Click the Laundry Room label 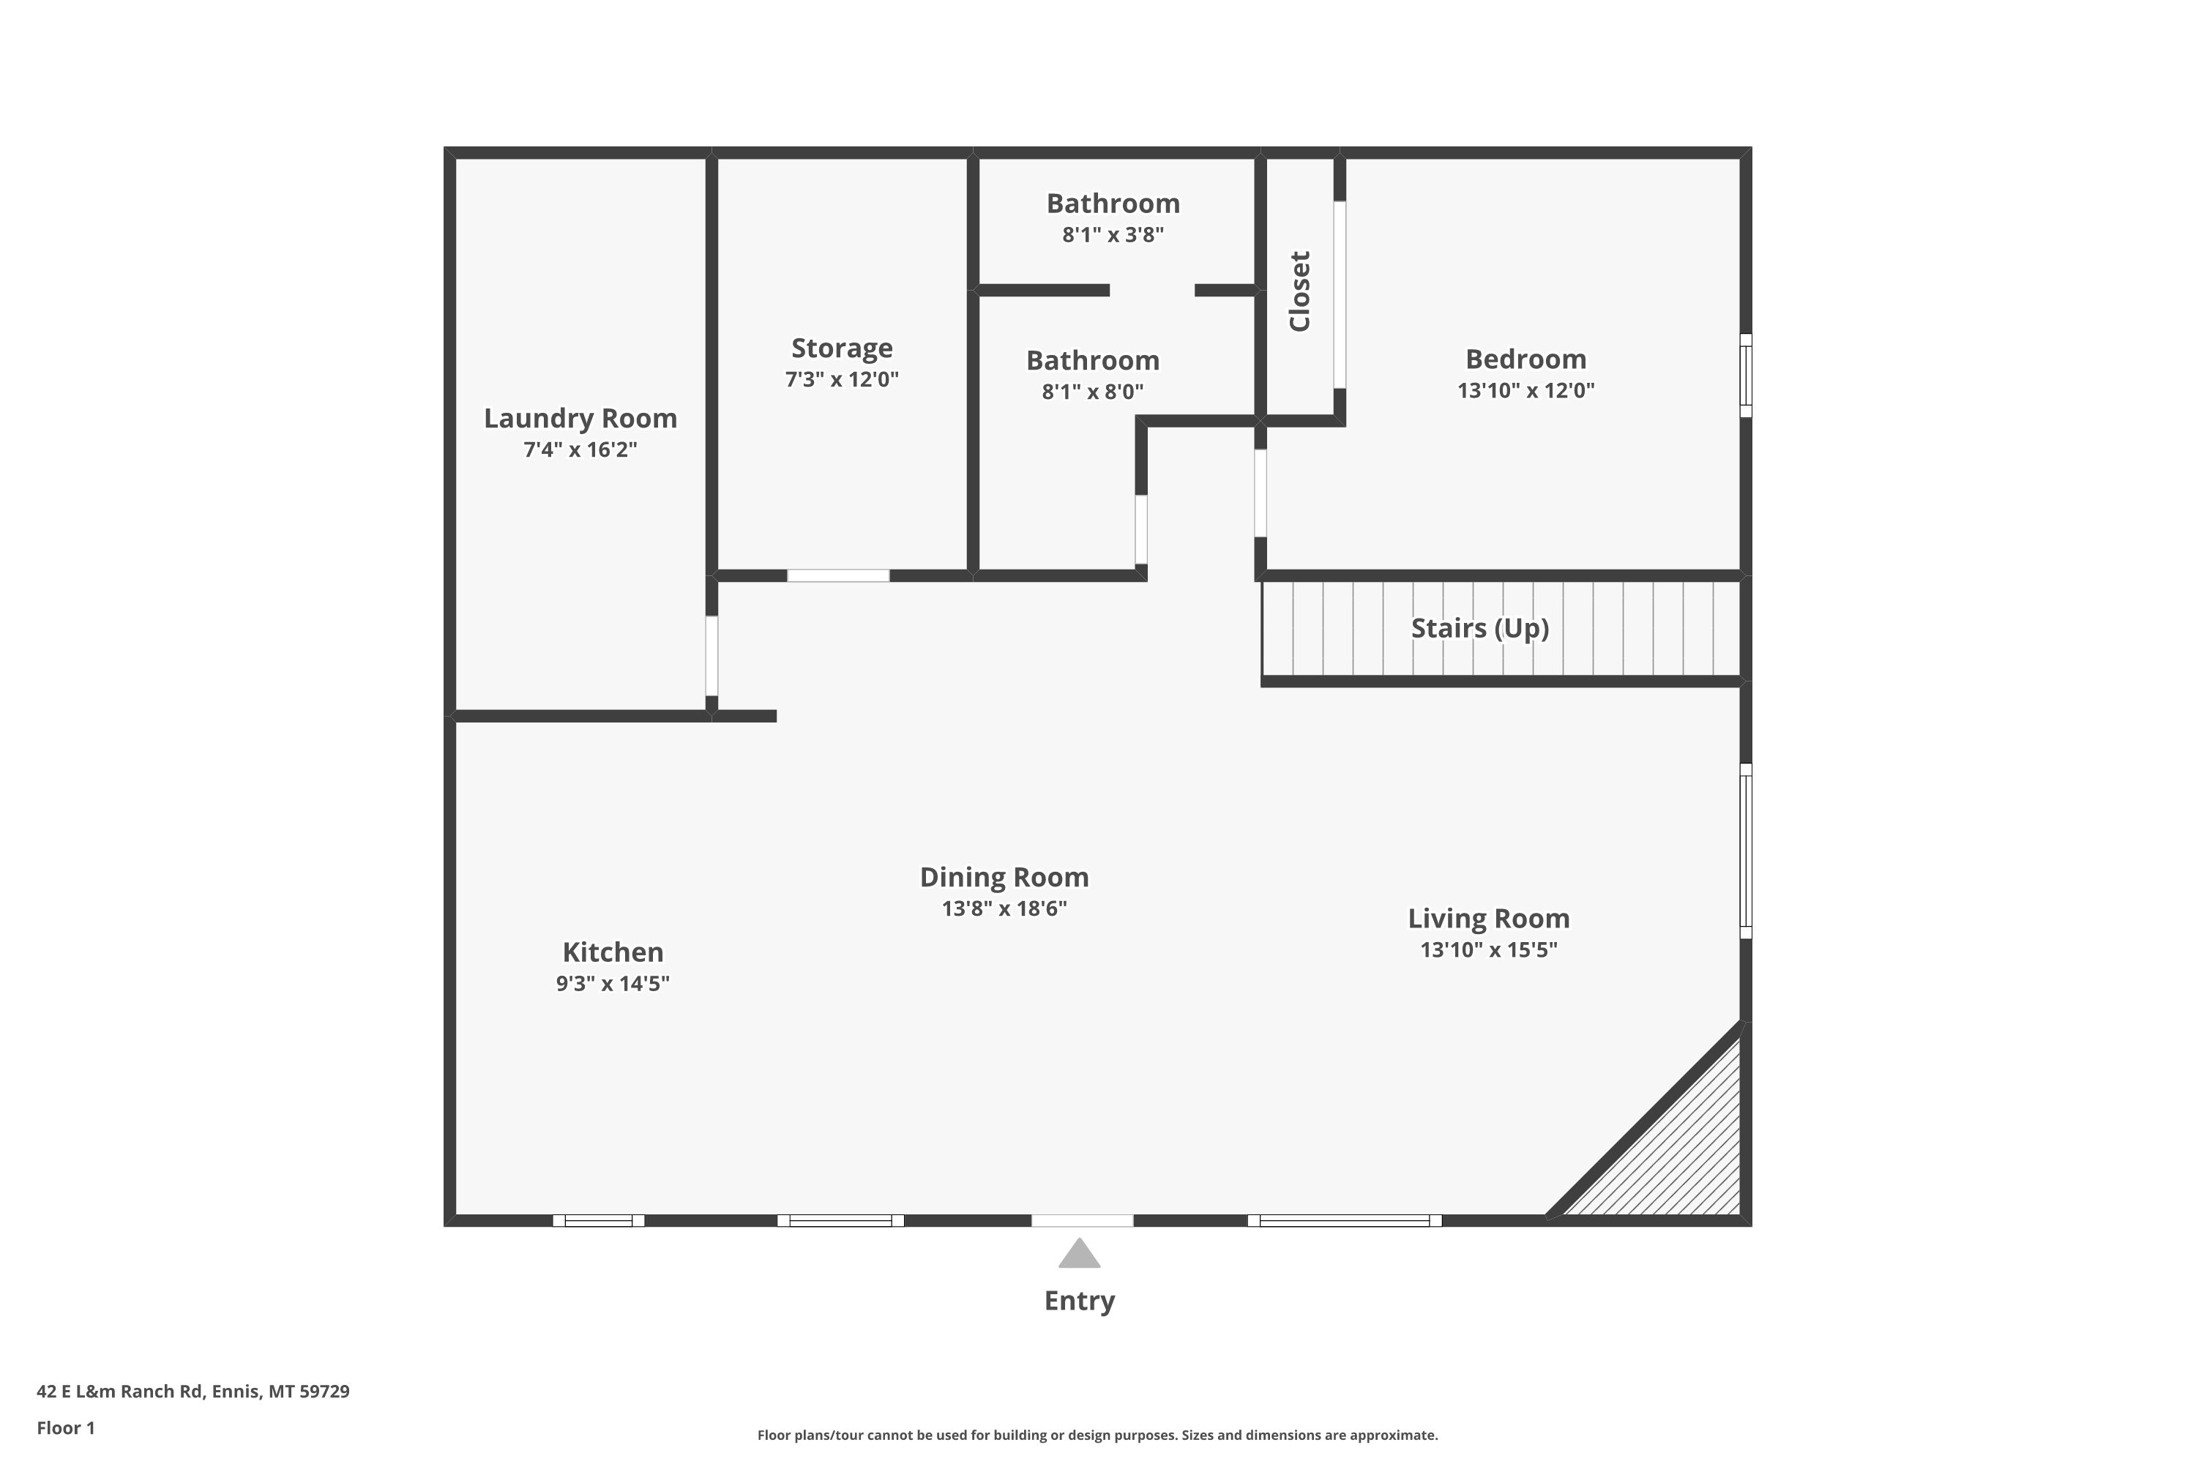click(580, 418)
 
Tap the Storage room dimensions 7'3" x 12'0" click(841, 379)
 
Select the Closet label click(1300, 291)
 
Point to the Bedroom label click(1525, 359)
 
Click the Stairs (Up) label click(1480, 628)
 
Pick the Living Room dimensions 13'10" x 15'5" click(1488, 949)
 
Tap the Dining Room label click(1004, 878)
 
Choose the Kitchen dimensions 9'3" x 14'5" click(613, 983)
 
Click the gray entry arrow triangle click(1079, 1255)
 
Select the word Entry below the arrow click(1079, 1301)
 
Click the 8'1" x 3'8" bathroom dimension click(1113, 234)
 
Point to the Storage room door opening click(838, 575)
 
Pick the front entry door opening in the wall click(1082, 1220)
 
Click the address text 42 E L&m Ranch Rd click(119, 1392)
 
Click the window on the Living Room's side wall click(1746, 851)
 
